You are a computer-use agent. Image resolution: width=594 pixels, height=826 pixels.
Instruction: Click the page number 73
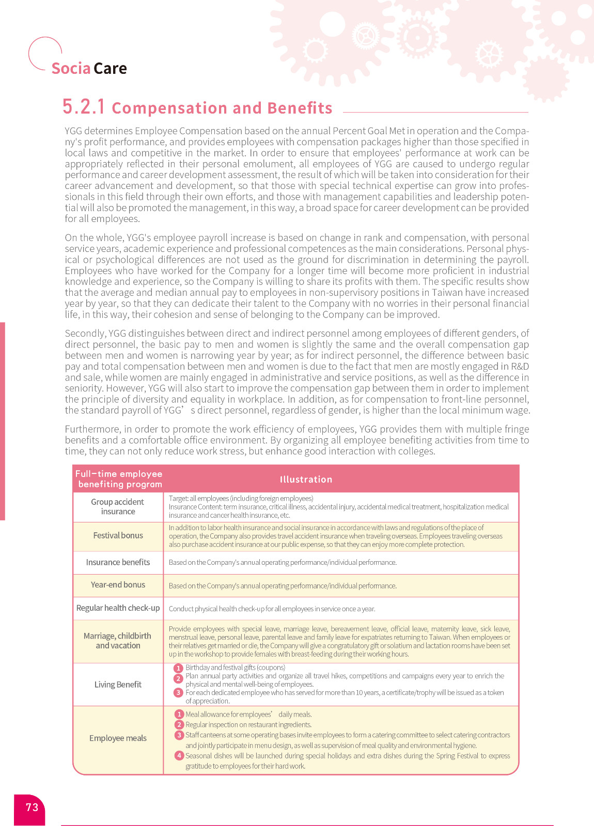(x=32, y=807)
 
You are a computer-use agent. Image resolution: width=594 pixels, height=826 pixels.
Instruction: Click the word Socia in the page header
(x=71, y=68)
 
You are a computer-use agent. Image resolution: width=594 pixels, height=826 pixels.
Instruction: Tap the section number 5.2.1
(x=84, y=107)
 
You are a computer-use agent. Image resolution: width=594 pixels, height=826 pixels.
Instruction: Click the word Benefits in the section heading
(x=300, y=108)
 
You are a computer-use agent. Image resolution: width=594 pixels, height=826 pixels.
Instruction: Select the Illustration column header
(x=306, y=480)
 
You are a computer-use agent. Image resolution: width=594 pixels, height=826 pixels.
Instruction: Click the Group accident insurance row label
(x=118, y=506)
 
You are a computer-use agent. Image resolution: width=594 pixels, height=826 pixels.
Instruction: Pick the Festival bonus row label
(x=118, y=535)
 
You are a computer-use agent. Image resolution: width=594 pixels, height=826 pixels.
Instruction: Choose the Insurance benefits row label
(x=118, y=562)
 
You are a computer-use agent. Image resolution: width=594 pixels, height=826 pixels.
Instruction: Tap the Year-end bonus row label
(x=118, y=585)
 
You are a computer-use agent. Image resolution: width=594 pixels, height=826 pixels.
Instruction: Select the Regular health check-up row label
(x=118, y=608)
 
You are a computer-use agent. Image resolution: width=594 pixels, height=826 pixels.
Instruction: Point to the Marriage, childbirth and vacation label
(x=118, y=641)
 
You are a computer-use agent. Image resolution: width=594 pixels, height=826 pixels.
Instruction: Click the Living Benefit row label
(x=118, y=685)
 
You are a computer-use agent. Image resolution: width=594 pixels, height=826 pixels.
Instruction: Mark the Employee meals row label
(x=118, y=738)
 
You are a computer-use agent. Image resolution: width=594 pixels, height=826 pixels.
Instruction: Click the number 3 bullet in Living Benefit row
(x=178, y=693)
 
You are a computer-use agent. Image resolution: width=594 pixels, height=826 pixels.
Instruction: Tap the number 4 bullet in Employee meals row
(x=179, y=756)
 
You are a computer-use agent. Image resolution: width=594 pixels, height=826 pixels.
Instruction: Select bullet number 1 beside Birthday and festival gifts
(x=178, y=668)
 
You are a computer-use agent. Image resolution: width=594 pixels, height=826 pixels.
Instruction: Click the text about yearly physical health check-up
(x=272, y=609)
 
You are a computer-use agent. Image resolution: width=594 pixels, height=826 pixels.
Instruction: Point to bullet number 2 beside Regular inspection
(x=179, y=725)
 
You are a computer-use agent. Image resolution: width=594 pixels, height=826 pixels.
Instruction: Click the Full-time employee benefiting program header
(x=119, y=479)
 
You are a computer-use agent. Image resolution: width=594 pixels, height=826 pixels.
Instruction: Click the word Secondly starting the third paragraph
(x=85, y=333)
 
